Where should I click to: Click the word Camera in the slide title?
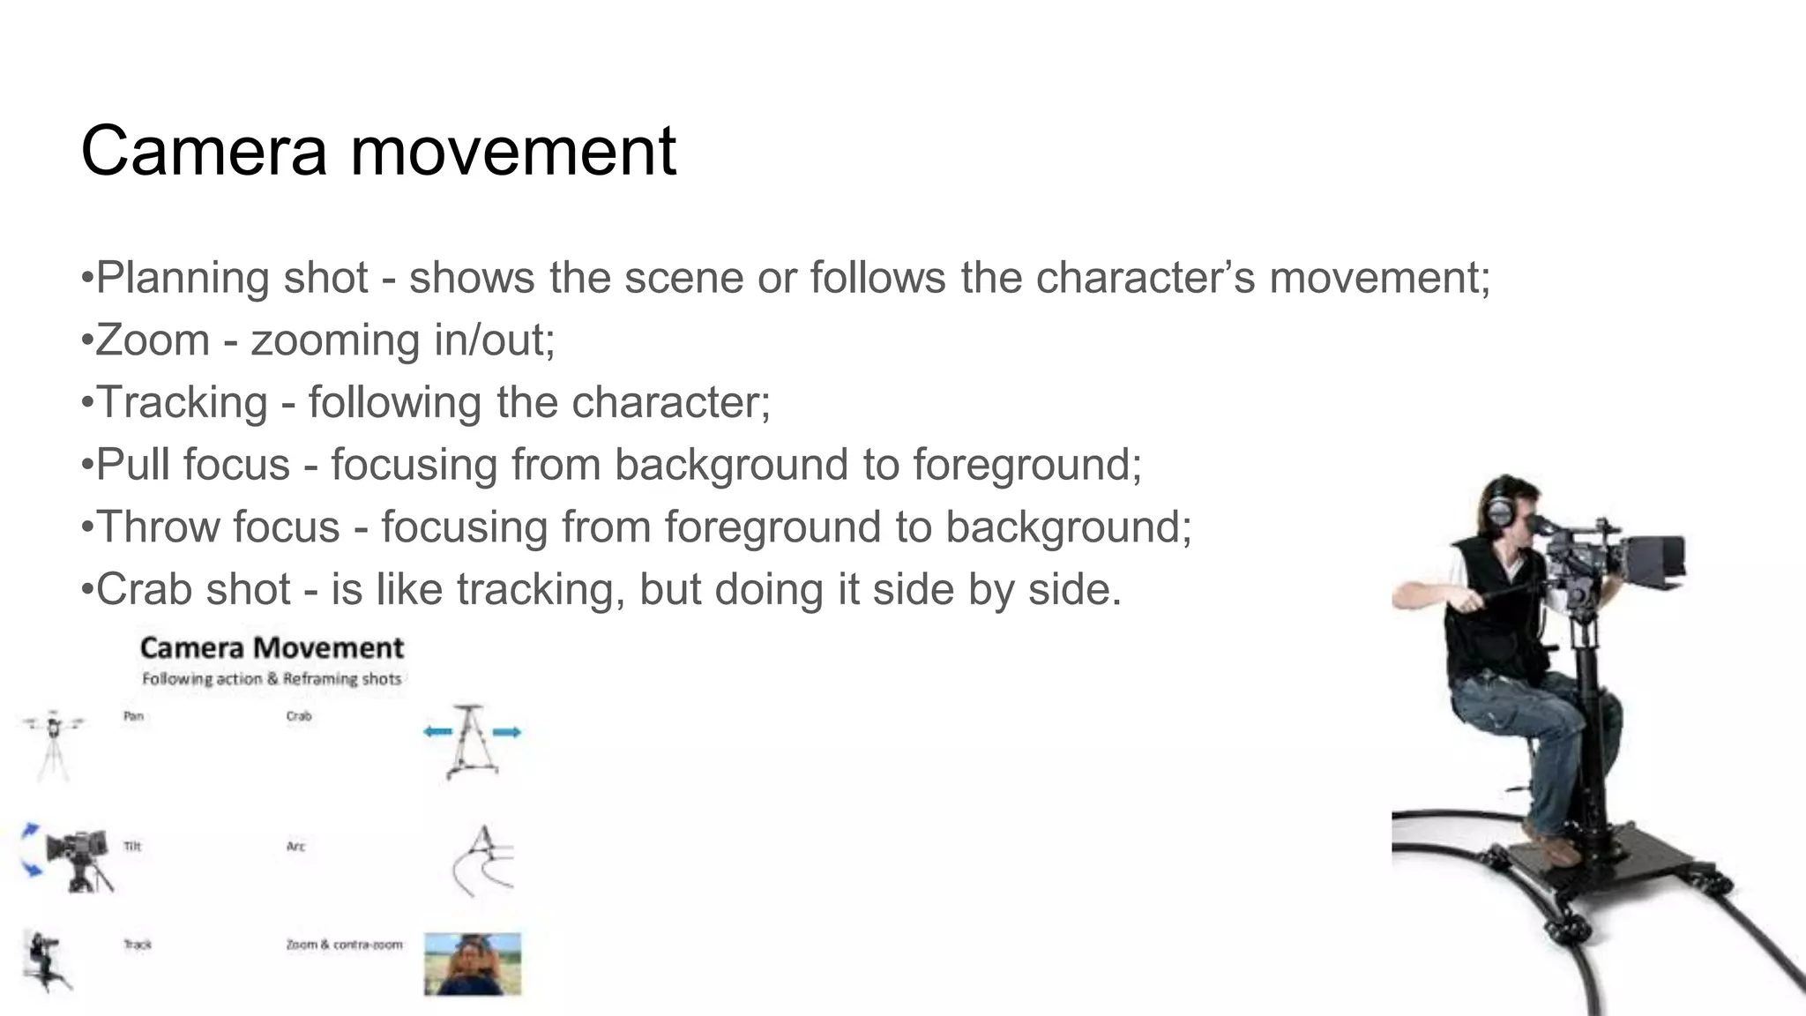(204, 151)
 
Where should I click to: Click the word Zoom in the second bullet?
(153, 340)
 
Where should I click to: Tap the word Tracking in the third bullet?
(182, 403)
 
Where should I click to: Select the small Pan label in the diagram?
(133, 716)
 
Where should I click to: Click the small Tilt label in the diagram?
(132, 847)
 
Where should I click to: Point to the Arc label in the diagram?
(295, 847)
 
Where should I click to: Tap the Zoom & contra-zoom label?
(344, 945)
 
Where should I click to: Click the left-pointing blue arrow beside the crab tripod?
(437, 732)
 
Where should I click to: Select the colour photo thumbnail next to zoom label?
(473, 964)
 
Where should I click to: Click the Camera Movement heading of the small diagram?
(272, 648)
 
